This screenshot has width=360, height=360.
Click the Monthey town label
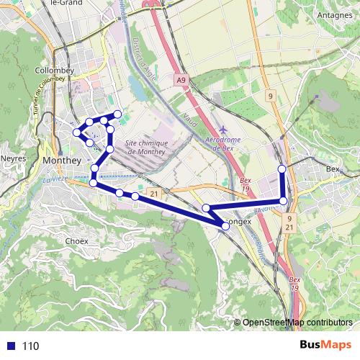click(x=62, y=160)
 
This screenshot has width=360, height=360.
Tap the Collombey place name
click(x=51, y=71)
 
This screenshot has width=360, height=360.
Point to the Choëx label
click(x=76, y=240)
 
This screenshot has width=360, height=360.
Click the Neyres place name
click(x=14, y=157)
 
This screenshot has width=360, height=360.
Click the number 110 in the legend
click(x=30, y=346)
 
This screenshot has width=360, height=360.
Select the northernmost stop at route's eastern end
click(x=282, y=169)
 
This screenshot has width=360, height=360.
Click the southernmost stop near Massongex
click(x=225, y=225)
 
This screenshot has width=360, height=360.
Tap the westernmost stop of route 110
click(x=77, y=132)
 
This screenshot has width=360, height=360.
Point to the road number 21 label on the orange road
click(x=155, y=194)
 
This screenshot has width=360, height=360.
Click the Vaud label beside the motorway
click(x=190, y=116)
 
